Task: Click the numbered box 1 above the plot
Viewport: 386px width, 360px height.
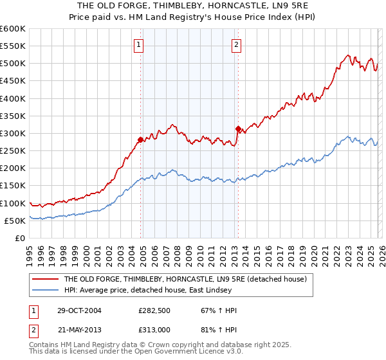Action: (139, 44)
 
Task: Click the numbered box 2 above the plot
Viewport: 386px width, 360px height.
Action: (236, 44)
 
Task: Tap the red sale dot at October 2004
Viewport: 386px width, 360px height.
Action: (140, 139)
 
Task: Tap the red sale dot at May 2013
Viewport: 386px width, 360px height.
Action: (237, 129)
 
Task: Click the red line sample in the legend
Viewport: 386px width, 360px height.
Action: (44, 279)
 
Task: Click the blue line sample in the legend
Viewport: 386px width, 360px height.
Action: (44, 290)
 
